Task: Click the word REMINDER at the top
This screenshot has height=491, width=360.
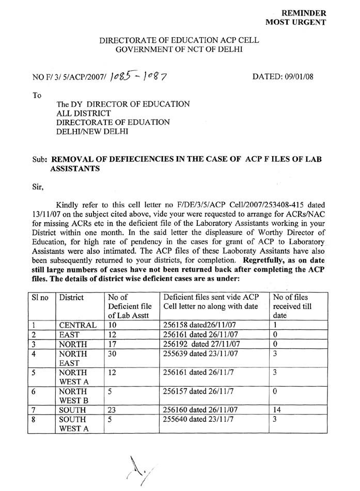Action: (303, 12)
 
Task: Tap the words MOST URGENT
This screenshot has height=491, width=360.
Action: (295, 22)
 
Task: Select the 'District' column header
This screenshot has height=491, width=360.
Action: (72, 298)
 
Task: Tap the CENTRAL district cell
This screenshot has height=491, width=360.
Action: (77, 326)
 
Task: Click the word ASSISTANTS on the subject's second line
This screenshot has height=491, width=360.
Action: (75, 169)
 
